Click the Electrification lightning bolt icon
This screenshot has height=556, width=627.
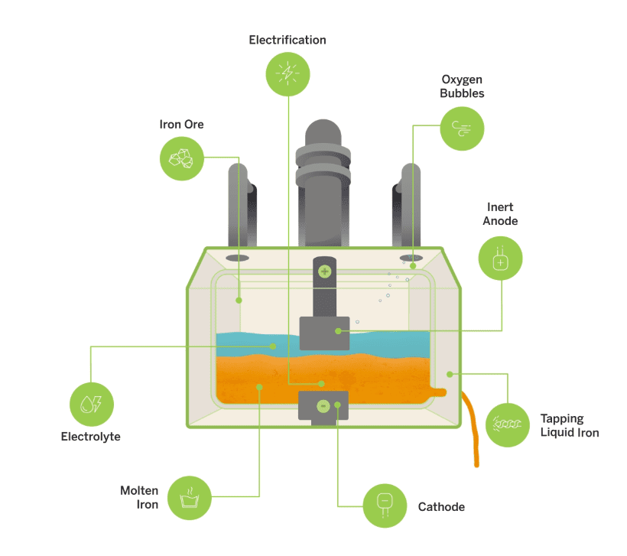[288, 73]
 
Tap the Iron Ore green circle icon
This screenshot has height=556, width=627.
[181, 158]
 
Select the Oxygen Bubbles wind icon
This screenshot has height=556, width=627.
[462, 127]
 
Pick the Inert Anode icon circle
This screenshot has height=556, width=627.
[500, 258]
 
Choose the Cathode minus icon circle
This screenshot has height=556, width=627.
[385, 506]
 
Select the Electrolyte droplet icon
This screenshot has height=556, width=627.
[91, 404]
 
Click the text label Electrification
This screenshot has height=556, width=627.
[288, 40]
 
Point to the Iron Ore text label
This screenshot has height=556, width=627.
[181, 124]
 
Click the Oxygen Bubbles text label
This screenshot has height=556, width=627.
[463, 86]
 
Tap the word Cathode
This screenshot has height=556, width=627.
[441, 506]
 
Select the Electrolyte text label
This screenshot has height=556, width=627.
[91, 437]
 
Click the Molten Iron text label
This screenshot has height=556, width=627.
[139, 497]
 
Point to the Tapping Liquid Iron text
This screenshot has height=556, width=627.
[569, 425]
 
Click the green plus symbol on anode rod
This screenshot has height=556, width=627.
[324, 271]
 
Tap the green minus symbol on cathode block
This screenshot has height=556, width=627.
[323, 405]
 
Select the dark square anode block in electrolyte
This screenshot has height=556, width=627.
[324, 333]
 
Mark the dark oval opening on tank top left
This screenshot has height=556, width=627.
[237, 258]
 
